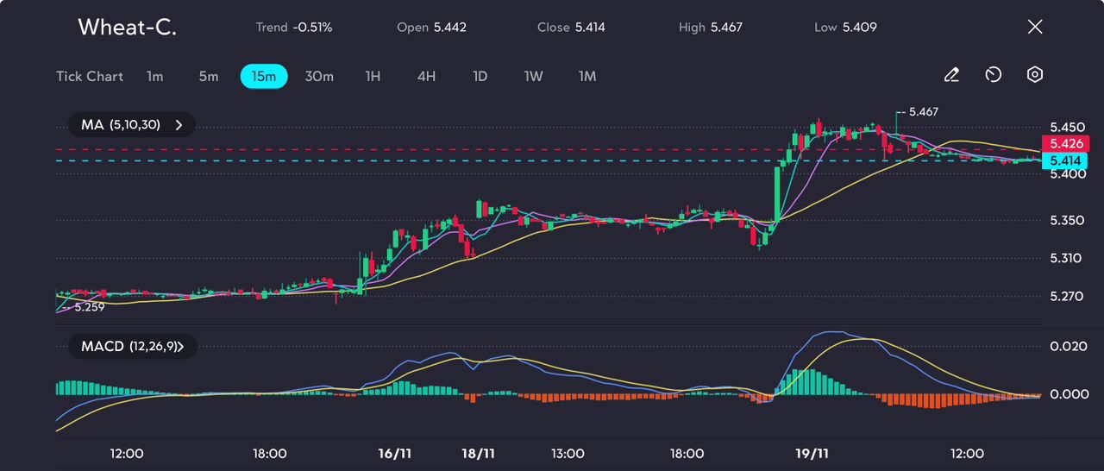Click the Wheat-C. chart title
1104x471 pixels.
click(127, 27)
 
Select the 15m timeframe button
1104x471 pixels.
click(264, 77)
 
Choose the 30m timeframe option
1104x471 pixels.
click(319, 77)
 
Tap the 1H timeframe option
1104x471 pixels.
click(373, 77)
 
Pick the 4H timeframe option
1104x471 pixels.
click(426, 77)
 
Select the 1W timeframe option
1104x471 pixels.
click(533, 77)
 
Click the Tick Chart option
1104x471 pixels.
click(90, 77)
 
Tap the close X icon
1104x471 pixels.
click(1035, 27)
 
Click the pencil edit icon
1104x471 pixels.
click(951, 75)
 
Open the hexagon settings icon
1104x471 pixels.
click(1034, 74)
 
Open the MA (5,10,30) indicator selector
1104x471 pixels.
click(132, 124)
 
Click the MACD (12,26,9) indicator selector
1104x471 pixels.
click(133, 347)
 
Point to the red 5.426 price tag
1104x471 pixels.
click(1065, 143)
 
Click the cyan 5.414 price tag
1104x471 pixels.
click(1064, 160)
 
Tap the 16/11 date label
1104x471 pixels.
click(394, 454)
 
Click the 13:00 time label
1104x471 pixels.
click(568, 454)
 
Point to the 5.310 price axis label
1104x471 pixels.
click(1065, 258)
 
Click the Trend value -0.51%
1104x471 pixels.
click(312, 27)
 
